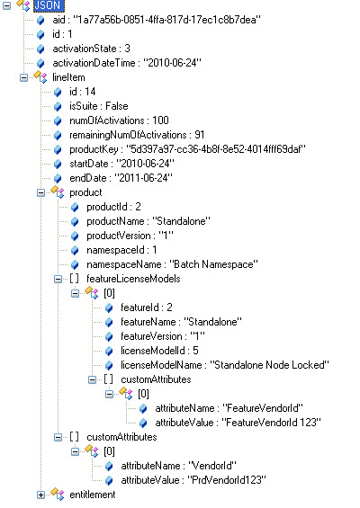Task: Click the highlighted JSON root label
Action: point(49,5)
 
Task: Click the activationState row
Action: point(91,49)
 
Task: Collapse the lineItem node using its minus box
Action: point(23,77)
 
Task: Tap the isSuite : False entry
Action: point(99,106)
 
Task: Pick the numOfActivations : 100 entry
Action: point(119,120)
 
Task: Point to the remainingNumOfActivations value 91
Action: point(200,135)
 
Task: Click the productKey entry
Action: point(187,149)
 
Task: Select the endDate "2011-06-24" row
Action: point(121,178)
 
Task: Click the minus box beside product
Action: point(40,192)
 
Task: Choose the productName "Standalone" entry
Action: point(148,221)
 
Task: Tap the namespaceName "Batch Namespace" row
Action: point(172,264)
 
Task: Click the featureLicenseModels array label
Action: point(133,279)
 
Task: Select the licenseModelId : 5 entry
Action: point(159,351)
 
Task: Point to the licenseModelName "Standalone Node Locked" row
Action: point(225,365)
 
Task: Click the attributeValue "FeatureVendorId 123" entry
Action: point(238,423)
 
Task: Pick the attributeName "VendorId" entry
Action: point(179,466)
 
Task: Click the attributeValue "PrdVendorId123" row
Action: point(193,480)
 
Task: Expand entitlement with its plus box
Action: point(40,495)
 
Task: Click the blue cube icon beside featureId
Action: point(109,307)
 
